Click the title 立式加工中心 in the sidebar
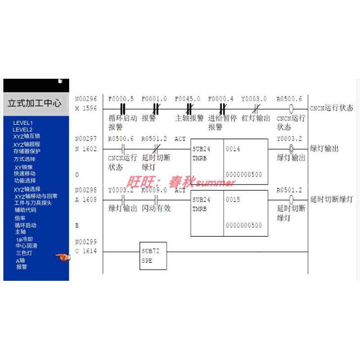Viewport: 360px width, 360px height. tap(34, 103)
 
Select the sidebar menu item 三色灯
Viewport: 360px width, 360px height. tap(24, 253)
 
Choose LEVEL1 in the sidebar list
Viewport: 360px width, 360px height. tap(23, 123)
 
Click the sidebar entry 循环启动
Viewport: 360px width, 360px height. tap(25, 225)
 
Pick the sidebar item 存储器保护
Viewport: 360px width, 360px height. tap(27, 151)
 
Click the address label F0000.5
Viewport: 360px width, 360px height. tap(121, 99)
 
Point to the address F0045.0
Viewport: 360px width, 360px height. tap(187, 99)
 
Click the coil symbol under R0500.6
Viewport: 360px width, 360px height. tap(291, 109)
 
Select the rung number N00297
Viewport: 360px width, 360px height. tap(85, 139)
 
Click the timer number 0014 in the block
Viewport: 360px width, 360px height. tap(233, 148)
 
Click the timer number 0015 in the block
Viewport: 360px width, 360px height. tap(233, 199)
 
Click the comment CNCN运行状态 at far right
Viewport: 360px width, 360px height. tap(332, 108)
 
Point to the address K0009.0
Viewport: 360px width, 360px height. tap(154, 190)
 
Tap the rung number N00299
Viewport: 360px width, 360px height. tap(85, 242)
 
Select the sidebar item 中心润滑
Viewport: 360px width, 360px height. tap(27, 246)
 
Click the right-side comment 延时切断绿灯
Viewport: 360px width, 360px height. tap(331, 198)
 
